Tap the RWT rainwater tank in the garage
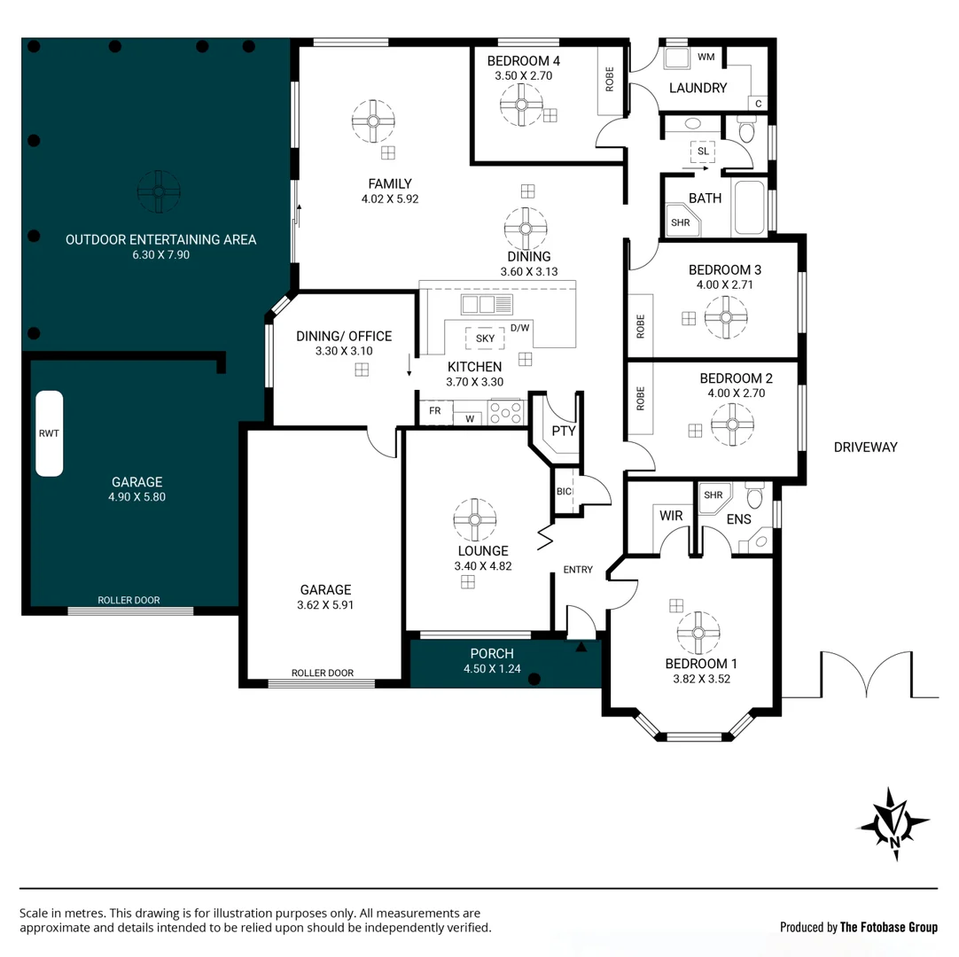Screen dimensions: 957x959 click(48, 433)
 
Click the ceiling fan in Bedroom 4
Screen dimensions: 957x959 click(521, 105)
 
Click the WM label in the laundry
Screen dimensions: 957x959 click(706, 58)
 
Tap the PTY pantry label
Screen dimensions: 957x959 click(564, 432)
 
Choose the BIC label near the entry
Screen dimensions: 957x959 click(564, 492)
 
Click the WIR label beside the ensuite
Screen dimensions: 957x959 click(670, 514)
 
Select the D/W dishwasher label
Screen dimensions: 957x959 click(520, 328)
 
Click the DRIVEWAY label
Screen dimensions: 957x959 click(865, 447)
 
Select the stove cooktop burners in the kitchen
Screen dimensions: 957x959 click(506, 412)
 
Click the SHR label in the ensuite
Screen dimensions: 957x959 click(712, 495)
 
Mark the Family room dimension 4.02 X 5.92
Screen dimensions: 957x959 click(389, 199)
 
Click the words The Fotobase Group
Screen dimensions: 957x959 click(889, 927)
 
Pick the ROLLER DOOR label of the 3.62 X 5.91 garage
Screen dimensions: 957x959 click(322, 673)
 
